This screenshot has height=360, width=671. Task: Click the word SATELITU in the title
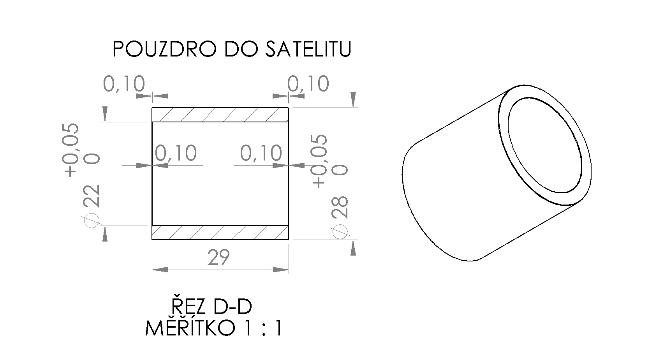coord(308,49)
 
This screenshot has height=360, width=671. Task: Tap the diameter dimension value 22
coord(92,196)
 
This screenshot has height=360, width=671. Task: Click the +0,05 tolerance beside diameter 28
coord(320,161)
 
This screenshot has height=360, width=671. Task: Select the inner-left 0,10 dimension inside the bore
coord(176,153)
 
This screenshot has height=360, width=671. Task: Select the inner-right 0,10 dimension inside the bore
coord(261,153)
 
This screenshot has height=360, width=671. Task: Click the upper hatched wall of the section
coord(220,115)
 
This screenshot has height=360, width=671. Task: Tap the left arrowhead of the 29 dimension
coord(160,270)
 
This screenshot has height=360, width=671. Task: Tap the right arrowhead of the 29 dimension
coord(280,270)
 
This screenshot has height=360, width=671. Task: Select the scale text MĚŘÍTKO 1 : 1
coord(213,328)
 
